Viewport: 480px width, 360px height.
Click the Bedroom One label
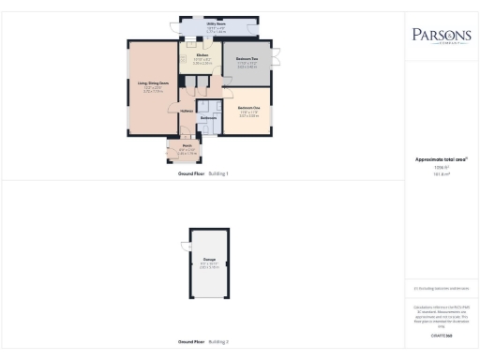pos(247,109)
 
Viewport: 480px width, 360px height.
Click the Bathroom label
pos(208,117)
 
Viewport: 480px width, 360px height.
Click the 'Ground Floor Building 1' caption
pos(202,174)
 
